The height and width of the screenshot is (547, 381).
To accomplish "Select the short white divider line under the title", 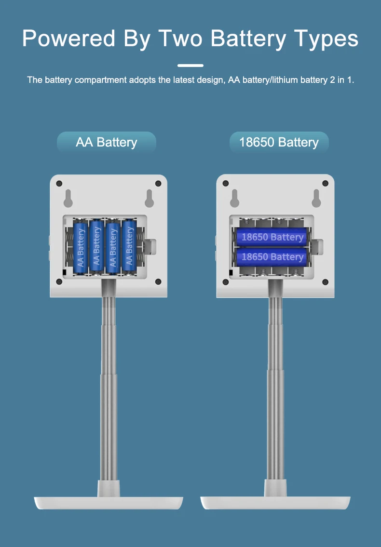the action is click(x=190, y=65).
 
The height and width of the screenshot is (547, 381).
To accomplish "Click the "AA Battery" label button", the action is click(x=107, y=142).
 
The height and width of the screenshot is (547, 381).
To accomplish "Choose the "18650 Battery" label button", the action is click(x=279, y=142).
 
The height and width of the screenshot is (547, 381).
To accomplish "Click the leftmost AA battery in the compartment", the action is click(x=81, y=247).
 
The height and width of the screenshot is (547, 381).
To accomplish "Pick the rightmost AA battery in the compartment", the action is click(x=129, y=247).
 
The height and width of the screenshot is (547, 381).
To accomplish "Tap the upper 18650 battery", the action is click(x=272, y=237).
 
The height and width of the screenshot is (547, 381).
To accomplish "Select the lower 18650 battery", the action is click(x=272, y=256).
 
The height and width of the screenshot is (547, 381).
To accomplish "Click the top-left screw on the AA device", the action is click(x=59, y=184).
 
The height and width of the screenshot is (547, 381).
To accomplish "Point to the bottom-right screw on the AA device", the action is click(x=158, y=281).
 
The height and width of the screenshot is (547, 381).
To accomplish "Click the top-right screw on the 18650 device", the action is click(x=325, y=184).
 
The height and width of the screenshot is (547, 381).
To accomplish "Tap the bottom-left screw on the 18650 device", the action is click(x=226, y=281).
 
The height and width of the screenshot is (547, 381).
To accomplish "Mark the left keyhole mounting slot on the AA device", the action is click(x=68, y=197).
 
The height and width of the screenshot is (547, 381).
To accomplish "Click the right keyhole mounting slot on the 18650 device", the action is click(x=316, y=197).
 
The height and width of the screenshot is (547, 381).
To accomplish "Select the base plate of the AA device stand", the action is click(x=109, y=503).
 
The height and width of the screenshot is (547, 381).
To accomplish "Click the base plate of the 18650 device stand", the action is click(x=275, y=503).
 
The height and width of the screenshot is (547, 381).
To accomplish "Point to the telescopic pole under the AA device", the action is click(x=109, y=386).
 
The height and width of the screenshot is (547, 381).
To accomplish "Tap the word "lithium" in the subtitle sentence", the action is click(x=285, y=80).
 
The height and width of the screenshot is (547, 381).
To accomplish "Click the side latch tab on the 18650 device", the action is click(x=317, y=247).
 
